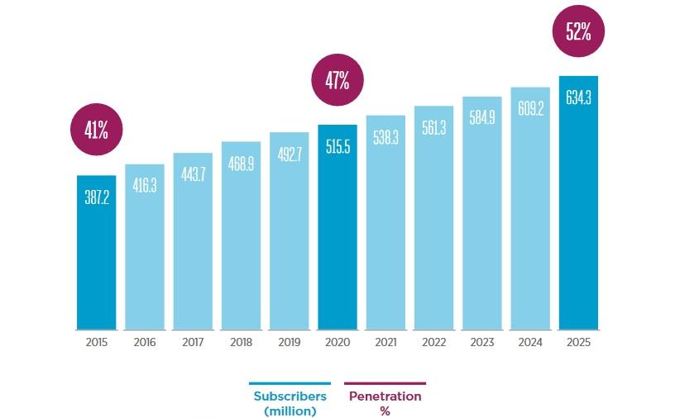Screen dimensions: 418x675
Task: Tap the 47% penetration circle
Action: [337, 80]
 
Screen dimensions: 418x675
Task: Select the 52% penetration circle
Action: [578, 32]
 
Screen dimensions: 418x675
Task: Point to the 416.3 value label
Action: [145, 186]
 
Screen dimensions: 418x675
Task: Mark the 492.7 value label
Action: [290, 154]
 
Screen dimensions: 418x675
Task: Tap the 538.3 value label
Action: [385, 137]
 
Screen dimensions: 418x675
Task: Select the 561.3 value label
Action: [433, 128]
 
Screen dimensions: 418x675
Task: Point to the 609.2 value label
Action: [530, 108]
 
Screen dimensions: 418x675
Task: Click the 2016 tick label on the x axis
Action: [145, 342]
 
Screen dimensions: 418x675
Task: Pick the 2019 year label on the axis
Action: [290, 342]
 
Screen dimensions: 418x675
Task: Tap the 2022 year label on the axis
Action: [433, 342]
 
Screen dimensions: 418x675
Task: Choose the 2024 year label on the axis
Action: [530, 342]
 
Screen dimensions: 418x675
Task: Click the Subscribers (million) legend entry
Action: [290, 402]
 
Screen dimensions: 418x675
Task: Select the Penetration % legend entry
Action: [385, 402]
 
